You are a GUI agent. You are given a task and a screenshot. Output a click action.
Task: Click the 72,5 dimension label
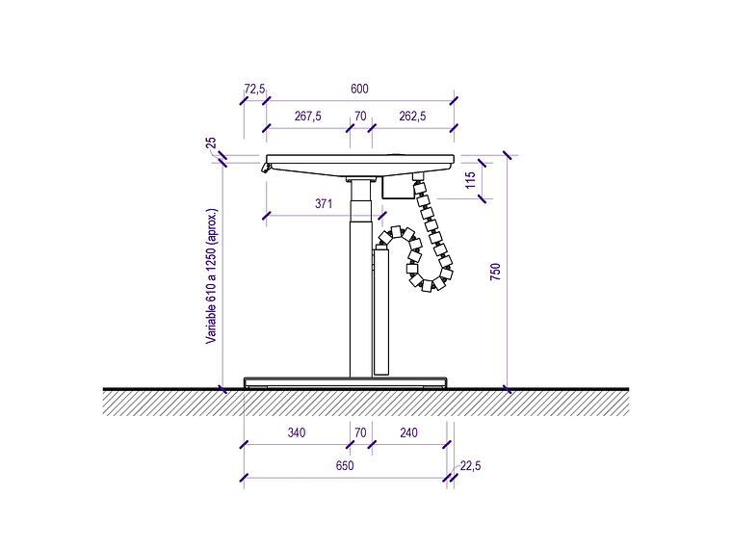click(254, 89)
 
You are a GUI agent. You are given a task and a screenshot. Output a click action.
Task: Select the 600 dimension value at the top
click(359, 89)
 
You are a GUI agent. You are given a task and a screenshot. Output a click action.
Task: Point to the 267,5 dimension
click(307, 116)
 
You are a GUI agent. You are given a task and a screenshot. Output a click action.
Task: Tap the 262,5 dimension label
click(412, 116)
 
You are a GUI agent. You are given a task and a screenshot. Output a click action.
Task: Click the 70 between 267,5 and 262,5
click(360, 116)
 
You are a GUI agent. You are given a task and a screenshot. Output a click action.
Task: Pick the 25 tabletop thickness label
click(211, 143)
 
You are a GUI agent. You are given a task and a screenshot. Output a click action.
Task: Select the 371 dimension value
click(324, 203)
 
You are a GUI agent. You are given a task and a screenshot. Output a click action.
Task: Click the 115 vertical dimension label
click(471, 180)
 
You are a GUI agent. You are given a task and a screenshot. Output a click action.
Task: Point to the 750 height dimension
click(495, 272)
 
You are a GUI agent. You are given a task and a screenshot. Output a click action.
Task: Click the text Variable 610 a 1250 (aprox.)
click(212, 276)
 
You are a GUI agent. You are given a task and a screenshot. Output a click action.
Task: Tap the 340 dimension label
click(297, 432)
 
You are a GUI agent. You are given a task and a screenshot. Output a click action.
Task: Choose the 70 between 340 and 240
click(360, 432)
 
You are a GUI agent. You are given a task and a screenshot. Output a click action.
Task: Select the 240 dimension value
click(408, 432)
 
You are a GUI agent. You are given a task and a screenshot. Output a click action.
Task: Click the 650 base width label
click(345, 465)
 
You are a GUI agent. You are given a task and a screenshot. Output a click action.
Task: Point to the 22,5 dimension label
click(470, 465)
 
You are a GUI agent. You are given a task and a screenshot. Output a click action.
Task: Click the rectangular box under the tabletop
click(398, 187)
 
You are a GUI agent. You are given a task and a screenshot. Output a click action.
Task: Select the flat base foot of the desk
click(346, 382)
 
